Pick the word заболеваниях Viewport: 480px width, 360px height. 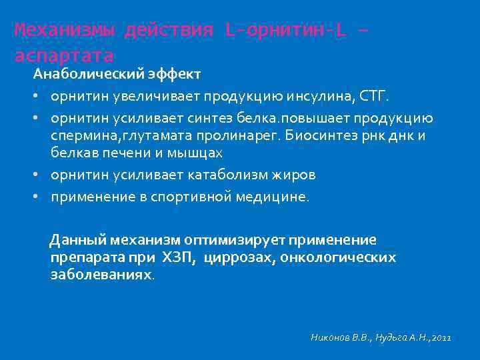pyautogui.click(x=102, y=274)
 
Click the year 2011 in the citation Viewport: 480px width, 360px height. pyautogui.click(x=441, y=339)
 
